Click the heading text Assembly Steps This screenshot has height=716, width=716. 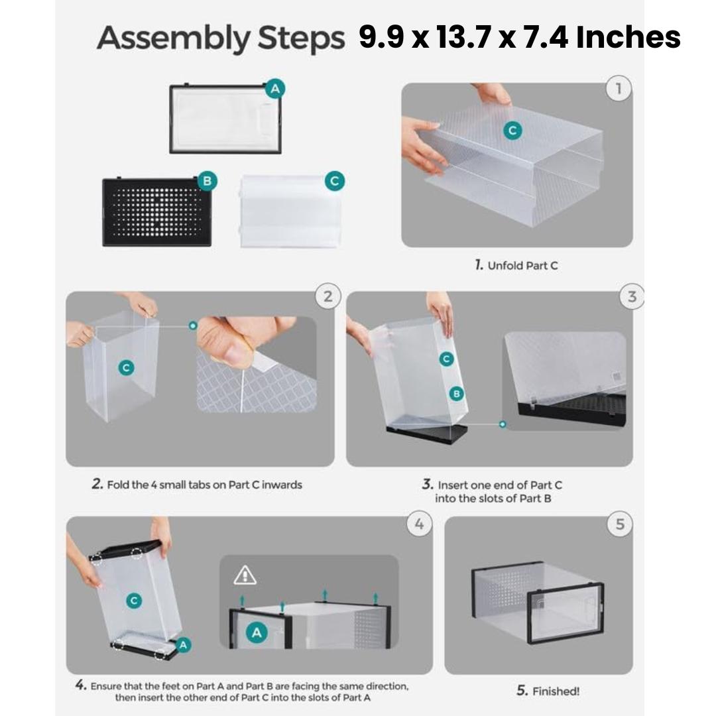point(221,39)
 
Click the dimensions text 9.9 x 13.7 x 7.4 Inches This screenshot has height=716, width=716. point(519,38)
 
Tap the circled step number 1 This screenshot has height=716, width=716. point(618,89)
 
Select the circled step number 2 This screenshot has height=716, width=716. point(328,296)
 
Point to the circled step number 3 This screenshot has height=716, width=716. point(631,297)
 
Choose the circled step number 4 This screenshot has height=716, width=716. point(419,524)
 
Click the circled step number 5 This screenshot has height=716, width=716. point(619,524)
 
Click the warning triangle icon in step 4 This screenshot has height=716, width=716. point(245,575)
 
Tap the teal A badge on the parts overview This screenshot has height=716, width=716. point(275,89)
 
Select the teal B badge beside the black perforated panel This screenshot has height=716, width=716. point(207,180)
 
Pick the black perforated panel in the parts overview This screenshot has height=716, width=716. point(156,211)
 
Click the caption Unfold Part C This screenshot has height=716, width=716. point(516,265)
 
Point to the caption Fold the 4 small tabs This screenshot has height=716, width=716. point(197,485)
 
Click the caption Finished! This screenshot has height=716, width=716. point(548,691)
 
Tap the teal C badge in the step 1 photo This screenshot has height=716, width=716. point(511,131)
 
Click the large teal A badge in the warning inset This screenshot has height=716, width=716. point(257,633)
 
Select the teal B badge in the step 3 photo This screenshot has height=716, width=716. point(456,393)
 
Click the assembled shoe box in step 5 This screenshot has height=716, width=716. point(537,603)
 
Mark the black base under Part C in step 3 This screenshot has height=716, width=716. point(427,434)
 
